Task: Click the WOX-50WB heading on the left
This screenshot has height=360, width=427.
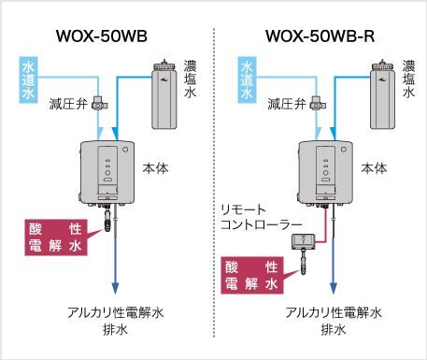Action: [105, 38]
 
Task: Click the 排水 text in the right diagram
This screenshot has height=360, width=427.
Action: [333, 330]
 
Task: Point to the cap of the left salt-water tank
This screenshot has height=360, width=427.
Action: [164, 66]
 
